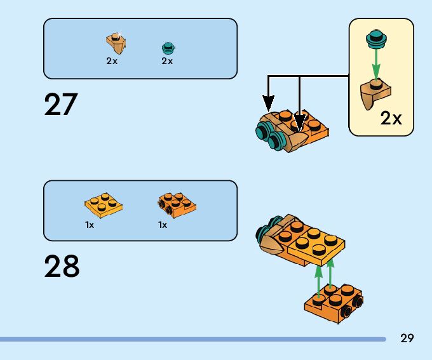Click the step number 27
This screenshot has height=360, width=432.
[60, 105]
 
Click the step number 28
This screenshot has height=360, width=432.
[62, 267]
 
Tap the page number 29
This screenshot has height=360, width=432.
[407, 338]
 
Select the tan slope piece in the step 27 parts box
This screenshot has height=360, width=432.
[116, 44]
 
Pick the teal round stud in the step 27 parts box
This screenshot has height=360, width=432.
[168, 47]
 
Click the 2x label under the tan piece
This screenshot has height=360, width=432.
[112, 62]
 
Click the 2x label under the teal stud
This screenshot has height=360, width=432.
[167, 62]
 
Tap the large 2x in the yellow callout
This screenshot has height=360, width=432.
[391, 118]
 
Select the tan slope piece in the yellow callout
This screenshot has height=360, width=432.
[375, 93]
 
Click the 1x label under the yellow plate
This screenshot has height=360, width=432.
[90, 225]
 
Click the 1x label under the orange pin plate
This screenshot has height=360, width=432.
[163, 225]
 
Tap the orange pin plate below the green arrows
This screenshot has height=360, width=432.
[334, 302]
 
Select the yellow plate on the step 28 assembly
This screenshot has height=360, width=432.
[316, 244]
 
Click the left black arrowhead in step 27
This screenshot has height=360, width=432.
[269, 102]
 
